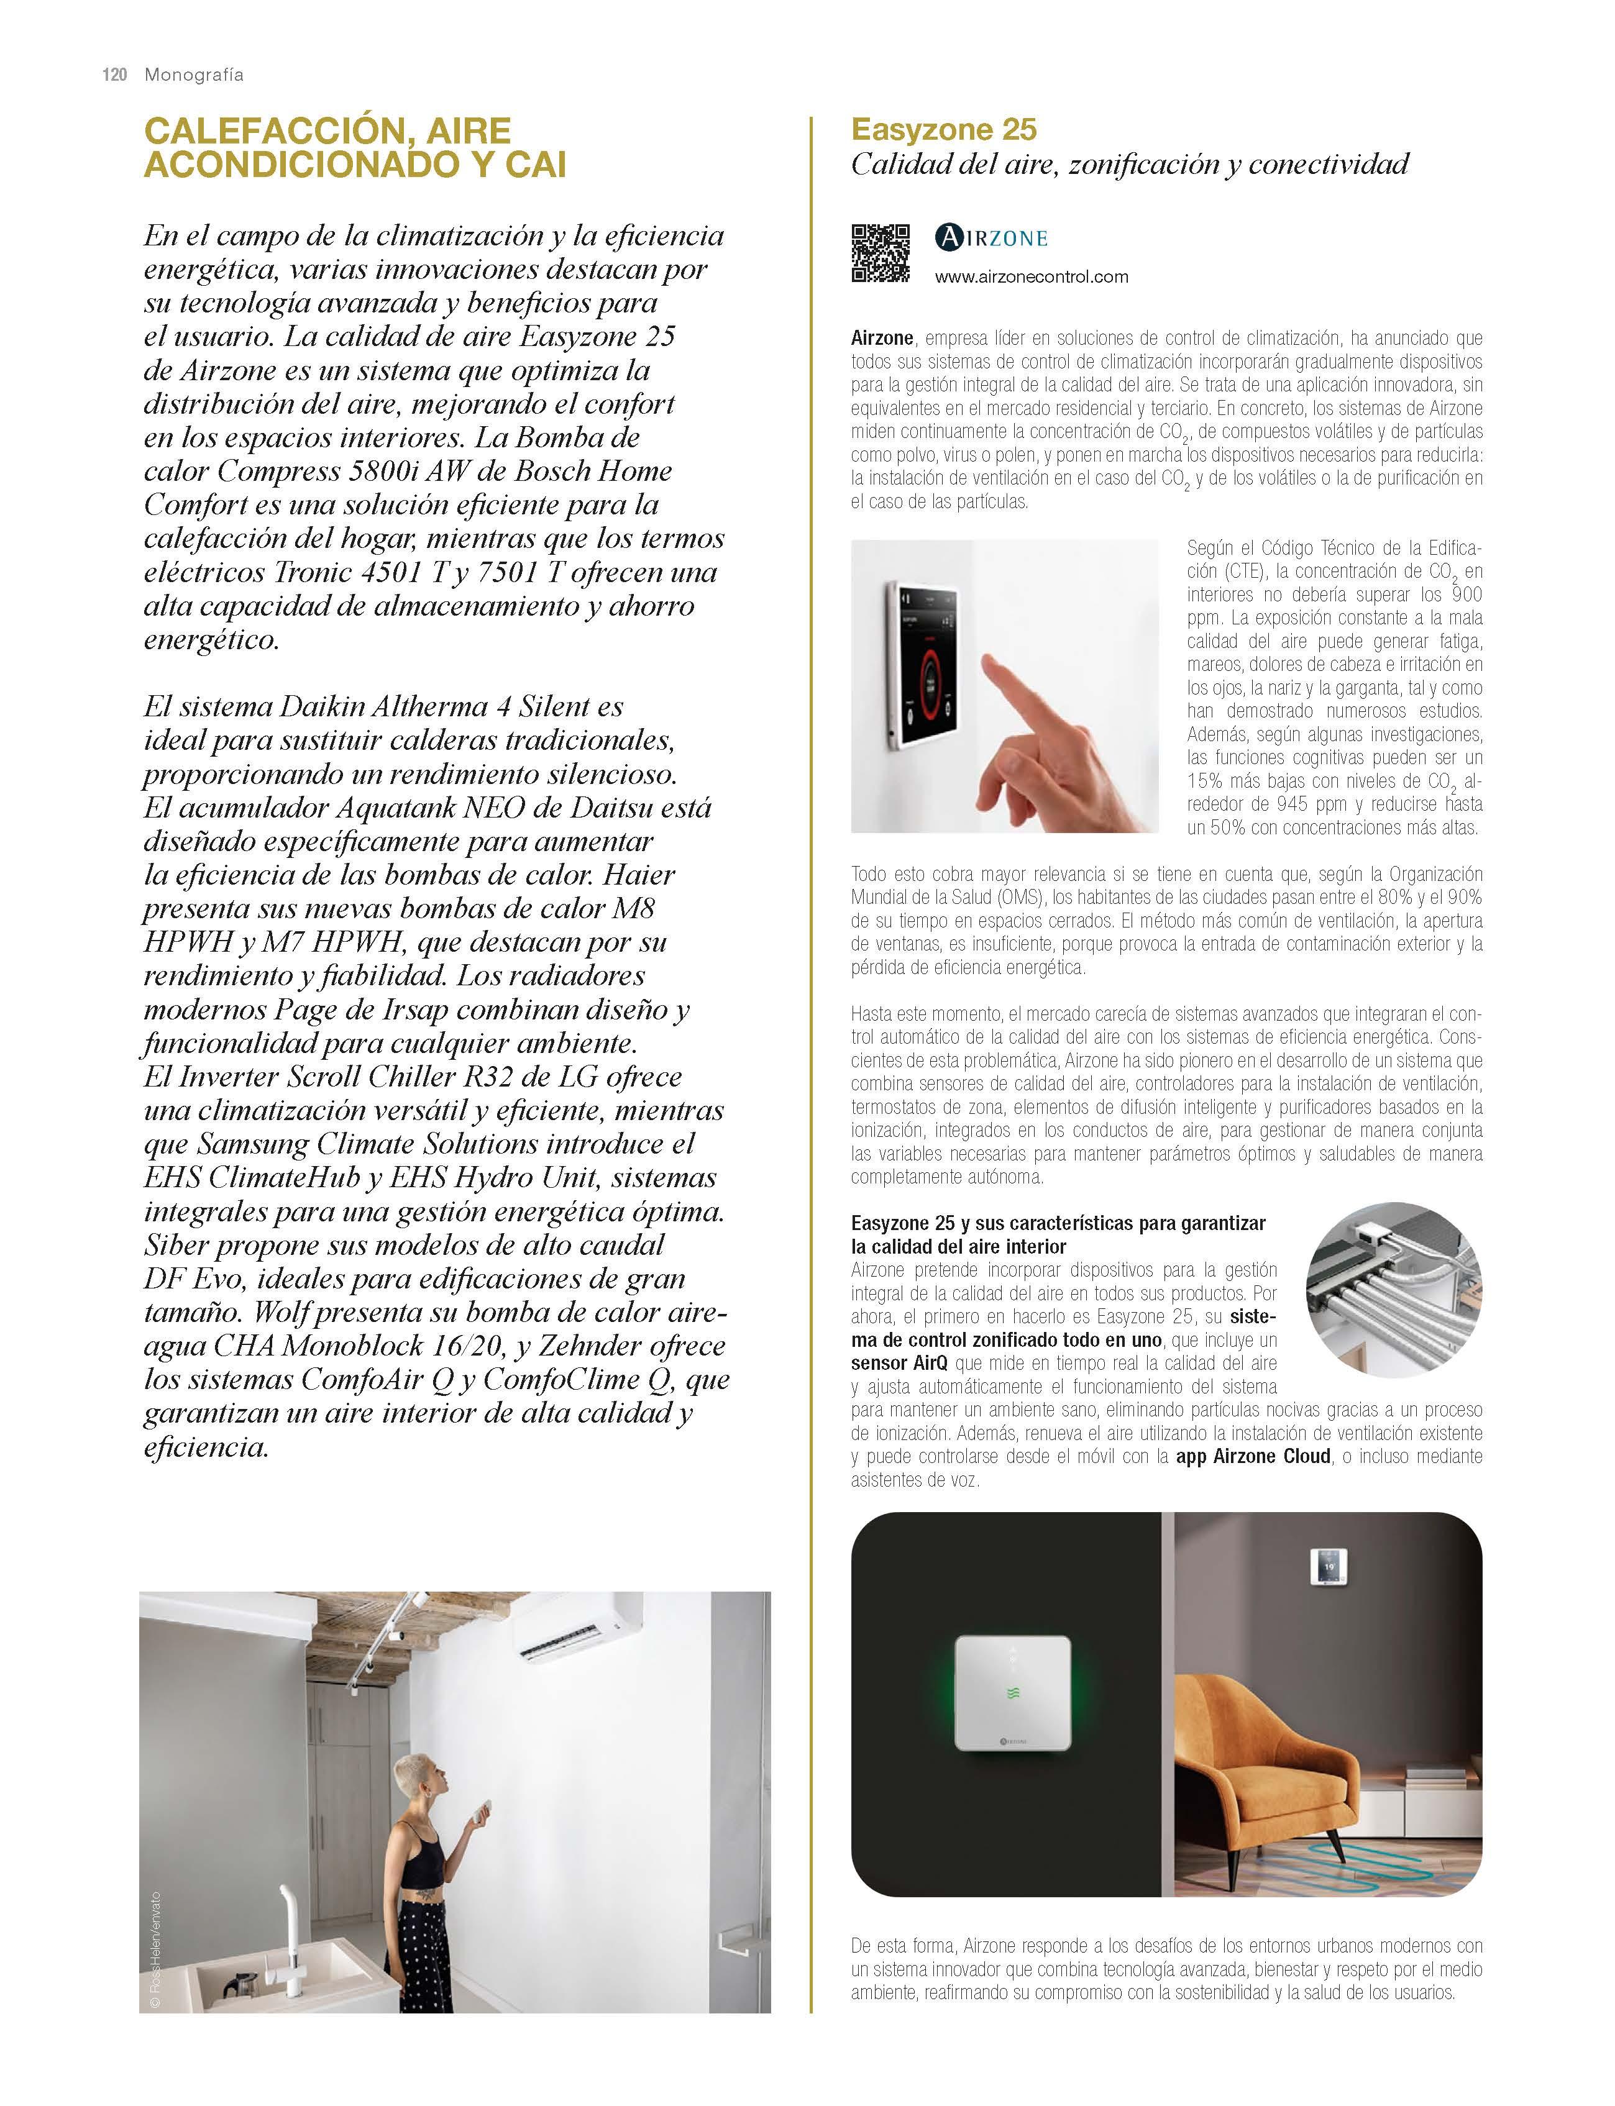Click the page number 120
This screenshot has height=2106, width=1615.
114,75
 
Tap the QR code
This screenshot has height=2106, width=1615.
880,253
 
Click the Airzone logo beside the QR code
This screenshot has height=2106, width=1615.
991,237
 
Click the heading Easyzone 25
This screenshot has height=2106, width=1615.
944,130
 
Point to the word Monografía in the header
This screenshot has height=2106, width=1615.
193,75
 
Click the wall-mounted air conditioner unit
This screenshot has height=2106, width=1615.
580,1627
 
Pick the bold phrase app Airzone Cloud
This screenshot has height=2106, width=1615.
1253,1456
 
